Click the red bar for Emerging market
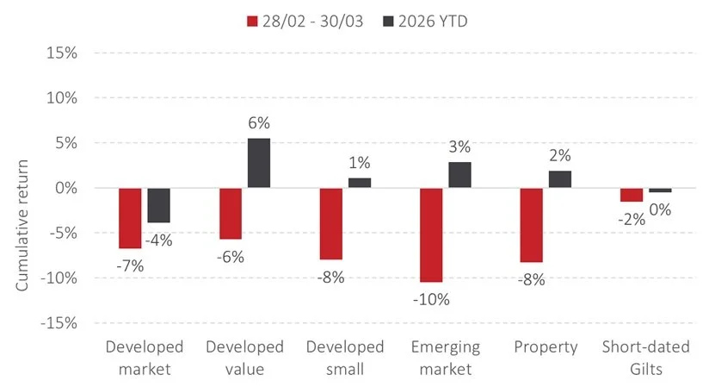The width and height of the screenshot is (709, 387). (x=431, y=234)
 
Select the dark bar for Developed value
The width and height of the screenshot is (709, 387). (x=259, y=163)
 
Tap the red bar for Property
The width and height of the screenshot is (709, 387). (x=531, y=225)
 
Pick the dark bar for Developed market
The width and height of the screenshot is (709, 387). (x=158, y=205)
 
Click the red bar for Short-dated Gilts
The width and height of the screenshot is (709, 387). (x=632, y=195)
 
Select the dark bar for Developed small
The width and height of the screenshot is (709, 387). (x=360, y=183)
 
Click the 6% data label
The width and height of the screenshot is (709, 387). (x=260, y=123)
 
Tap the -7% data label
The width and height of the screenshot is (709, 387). (x=131, y=265)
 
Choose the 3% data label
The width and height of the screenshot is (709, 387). (x=460, y=147)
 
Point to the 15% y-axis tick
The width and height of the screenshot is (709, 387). (x=60, y=53)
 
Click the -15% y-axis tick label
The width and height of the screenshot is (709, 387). (x=58, y=323)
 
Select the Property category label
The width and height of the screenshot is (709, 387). (x=546, y=347)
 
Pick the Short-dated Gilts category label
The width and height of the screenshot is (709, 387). (x=645, y=359)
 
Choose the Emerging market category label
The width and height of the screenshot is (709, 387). (x=446, y=359)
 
